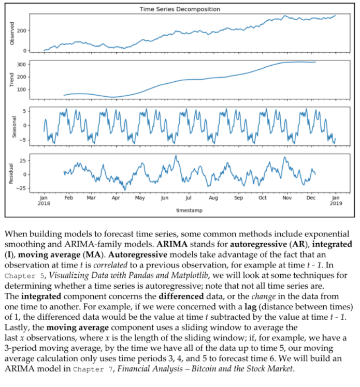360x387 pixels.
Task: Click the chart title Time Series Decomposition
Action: [180, 9]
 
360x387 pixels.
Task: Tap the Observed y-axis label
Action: [12, 33]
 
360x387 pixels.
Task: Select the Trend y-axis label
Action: [12, 79]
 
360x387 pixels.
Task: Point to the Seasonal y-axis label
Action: [12, 126]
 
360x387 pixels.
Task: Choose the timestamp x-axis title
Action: [189, 211]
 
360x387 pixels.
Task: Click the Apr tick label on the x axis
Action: [116, 198]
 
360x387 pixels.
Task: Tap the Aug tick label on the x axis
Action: [213, 198]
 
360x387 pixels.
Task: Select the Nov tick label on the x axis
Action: [287, 198]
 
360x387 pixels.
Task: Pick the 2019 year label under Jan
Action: [335, 203]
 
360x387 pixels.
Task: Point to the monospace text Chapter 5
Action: [23, 274]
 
